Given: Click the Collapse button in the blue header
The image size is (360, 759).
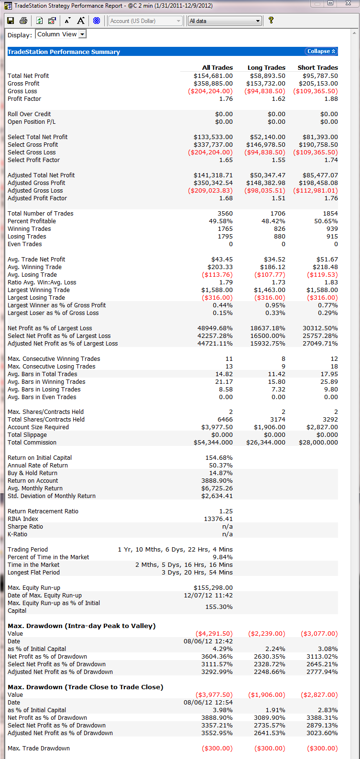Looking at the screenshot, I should (321, 51).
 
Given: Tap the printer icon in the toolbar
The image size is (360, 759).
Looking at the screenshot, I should (23, 21).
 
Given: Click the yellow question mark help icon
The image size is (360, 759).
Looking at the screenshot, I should (271, 21).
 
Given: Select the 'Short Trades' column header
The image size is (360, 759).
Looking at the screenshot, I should (317, 68).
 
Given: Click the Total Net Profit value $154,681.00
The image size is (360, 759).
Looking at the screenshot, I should (213, 76).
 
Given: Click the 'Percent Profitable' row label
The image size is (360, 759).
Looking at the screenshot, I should (32, 221).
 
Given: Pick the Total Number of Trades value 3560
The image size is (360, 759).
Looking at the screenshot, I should (225, 214).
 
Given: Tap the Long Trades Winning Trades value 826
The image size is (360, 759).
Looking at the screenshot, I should (279, 229).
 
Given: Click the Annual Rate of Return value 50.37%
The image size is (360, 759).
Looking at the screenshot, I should (219, 466).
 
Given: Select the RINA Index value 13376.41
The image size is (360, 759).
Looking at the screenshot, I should (218, 519).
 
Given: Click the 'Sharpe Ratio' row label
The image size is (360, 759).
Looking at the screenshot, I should (25, 527).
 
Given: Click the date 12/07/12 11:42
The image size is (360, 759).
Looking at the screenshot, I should (208, 596).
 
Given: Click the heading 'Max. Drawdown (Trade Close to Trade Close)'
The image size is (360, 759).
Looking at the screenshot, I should (86, 687).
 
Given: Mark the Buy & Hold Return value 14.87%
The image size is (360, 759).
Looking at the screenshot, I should (219, 473).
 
